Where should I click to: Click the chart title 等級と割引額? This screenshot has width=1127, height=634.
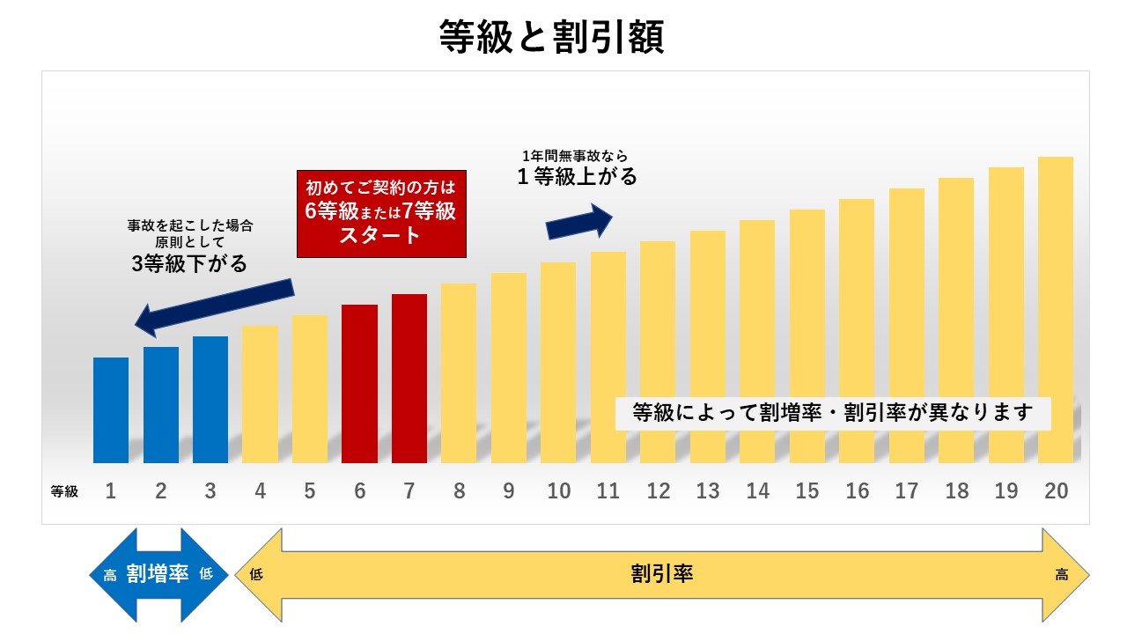tap(551, 37)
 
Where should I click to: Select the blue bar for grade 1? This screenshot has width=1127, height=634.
tap(111, 409)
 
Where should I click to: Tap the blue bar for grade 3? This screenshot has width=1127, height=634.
tap(210, 399)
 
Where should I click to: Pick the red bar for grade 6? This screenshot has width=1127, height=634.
tap(359, 383)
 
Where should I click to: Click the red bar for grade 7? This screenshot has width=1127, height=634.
tap(409, 378)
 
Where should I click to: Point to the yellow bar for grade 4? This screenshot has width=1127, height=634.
tap(260, 394)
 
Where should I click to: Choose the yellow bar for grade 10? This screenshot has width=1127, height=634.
tap(558, 362)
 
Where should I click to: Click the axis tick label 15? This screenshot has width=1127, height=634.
tap(807, 491)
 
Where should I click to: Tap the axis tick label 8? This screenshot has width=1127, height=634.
tap(459, 491)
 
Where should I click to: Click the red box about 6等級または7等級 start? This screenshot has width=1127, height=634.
tap(380, 213)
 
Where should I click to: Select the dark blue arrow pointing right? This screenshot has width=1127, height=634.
tap(578, 222)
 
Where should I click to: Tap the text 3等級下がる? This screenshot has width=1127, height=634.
tap(189, 262)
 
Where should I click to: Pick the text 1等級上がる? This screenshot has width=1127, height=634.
tap(577, 176)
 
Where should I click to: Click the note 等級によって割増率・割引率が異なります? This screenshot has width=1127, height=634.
tap(832, 412)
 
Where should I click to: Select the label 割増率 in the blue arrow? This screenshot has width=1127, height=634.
tap(158, 574)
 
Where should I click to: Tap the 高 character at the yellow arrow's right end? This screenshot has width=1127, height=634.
tap(1062, 575)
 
